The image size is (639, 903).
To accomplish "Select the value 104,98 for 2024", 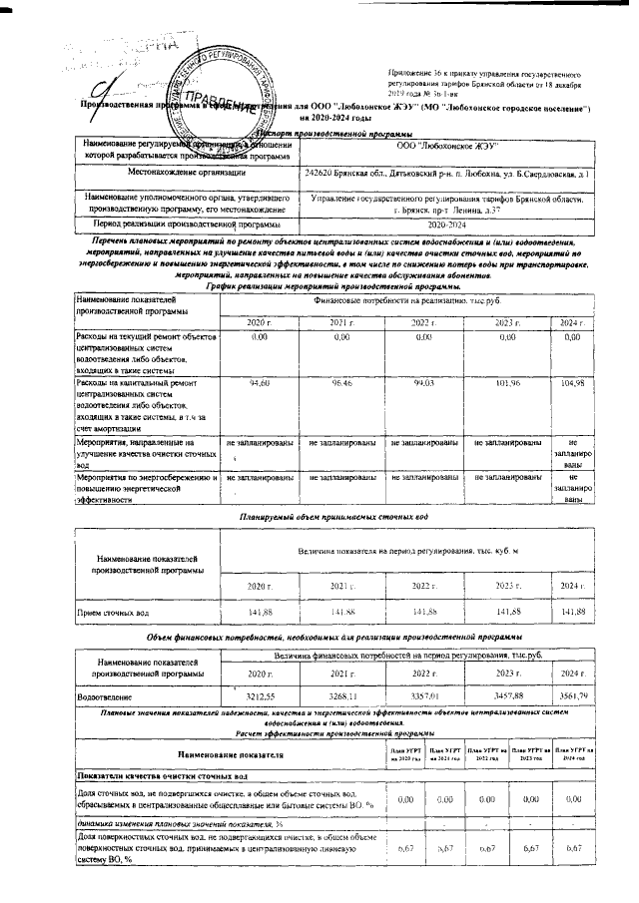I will click(x=572, y=383).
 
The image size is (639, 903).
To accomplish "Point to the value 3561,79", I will click(x=572, y=695).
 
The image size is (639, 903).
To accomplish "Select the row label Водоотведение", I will click(x=107, y=696).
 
